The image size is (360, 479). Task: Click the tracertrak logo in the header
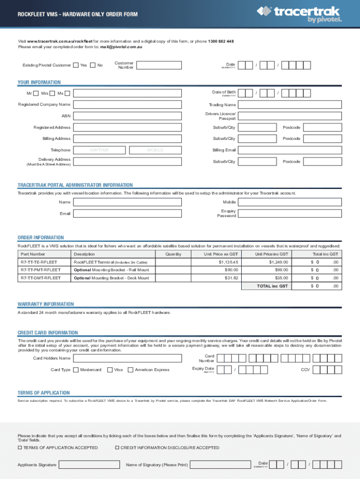click(x=302, y=14)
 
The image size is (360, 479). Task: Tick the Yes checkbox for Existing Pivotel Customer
click(x=76, y=65)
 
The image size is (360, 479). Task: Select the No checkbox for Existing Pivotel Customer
click(x=93, y=65)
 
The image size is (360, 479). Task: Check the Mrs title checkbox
click(x=52, y=94)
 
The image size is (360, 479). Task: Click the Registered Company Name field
click(x=128, y=104)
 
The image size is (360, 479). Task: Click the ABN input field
click(x=128, y=116)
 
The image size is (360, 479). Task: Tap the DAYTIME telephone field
click(x=100, y=150)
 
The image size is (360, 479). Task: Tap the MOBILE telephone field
click(x=155, y=150)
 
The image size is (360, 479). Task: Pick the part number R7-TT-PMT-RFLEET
click(x=40, y=270)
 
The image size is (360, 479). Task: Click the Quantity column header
click(x=173, y=254)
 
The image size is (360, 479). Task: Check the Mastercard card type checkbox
click(x=76, y=370)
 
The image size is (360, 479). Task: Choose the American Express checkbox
click(x=130, y=370)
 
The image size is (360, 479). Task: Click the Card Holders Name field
click(x=128, y=358)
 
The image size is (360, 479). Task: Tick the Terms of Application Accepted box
click(x=20, y=448)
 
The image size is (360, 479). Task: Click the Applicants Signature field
click(x=88, y=464)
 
